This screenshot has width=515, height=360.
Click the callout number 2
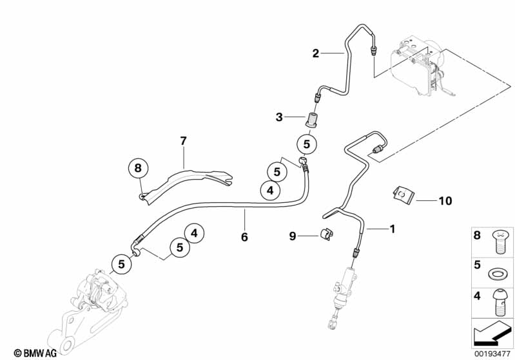click(x=315, y=53)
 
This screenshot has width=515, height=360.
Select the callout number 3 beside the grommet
click(x=279, y=117)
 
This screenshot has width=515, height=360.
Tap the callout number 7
click(x=183, y=141)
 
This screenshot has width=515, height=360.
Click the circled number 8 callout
click(x=138, y=168)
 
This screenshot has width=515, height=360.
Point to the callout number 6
click(x=244, y=236)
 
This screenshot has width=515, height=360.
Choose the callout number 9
click(x=293, y=236)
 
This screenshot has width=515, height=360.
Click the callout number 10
click(x=445, y=200)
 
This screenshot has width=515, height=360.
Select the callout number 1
click(x=392, y=229)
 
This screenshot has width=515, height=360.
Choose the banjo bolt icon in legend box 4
click(x=500, y=302)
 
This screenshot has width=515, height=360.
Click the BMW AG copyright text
click(x=35, y=353)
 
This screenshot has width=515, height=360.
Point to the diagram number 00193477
click(x=492, y=354)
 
